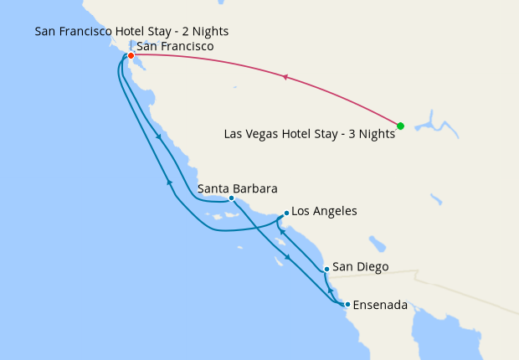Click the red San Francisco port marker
pyautogui.click(x=131, y=56)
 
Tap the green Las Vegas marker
pyautogui.click(x=400, y=126)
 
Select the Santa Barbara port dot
pyautogui.click(x=231, y=198)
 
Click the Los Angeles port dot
pyautogui.click(x=286, y=213)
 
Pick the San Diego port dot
pyautogui.click(x=326, y=269)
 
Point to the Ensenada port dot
pyautogui.click(x=347, y=304)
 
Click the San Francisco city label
pyautogui.click(x=174, y=47)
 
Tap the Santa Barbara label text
pyautogui.click(x=237, y=188)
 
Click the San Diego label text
pyautogui.click(x=361, y=268)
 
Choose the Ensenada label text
pyautogui.click(x=381, y=305)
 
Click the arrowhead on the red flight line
pyautogui.click(x=285, y=78)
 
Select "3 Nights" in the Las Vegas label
pyautogui.click(x=373, y=133)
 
